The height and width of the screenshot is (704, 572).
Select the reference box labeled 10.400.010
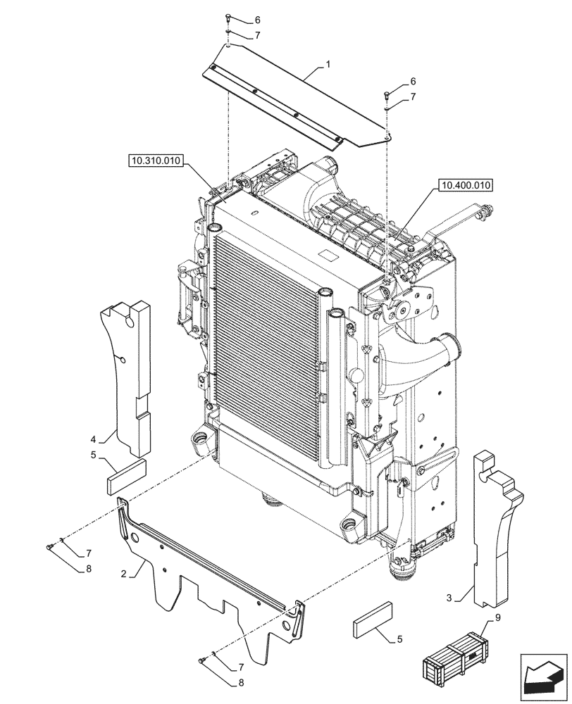(466, 186)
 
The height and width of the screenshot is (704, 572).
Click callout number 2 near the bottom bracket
(123, 574)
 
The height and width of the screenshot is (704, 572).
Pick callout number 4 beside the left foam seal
(103, 440)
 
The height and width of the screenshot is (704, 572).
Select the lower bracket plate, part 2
(211, 584)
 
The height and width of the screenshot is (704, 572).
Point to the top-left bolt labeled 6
(228, 18)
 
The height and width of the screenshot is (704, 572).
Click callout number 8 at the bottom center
(241, 681)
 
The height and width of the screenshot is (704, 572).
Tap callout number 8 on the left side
(89, 569)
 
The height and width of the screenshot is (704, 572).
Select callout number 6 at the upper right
(414, 82)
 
